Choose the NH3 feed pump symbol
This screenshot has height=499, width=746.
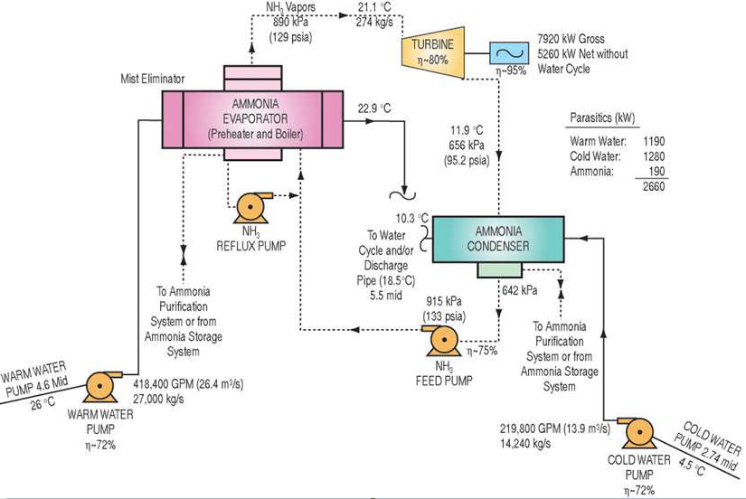445,342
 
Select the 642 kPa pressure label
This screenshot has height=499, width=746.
517,289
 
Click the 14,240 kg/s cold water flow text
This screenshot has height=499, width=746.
533,444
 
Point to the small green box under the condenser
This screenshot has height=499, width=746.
499,270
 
